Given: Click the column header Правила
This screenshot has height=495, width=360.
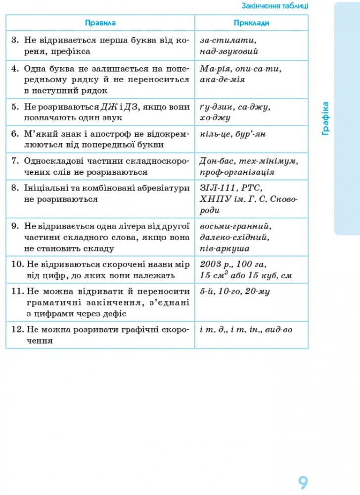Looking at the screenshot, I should coord(100,23).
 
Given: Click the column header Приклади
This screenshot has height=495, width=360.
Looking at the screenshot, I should coord(251,23).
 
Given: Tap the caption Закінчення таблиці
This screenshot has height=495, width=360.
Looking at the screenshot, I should coord(274,6).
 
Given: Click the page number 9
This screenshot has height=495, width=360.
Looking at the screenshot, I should coord(303,482).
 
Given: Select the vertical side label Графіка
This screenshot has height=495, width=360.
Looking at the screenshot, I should coord(325,118).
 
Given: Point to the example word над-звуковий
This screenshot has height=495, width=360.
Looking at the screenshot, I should coord(229,50).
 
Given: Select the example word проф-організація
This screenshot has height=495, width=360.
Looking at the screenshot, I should coord(237,172).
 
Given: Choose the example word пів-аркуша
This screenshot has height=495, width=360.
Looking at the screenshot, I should coord(225,248).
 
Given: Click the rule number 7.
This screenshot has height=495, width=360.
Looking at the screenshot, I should coord(15,161).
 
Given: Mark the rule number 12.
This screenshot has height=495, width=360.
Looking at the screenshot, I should coord(16,329).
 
